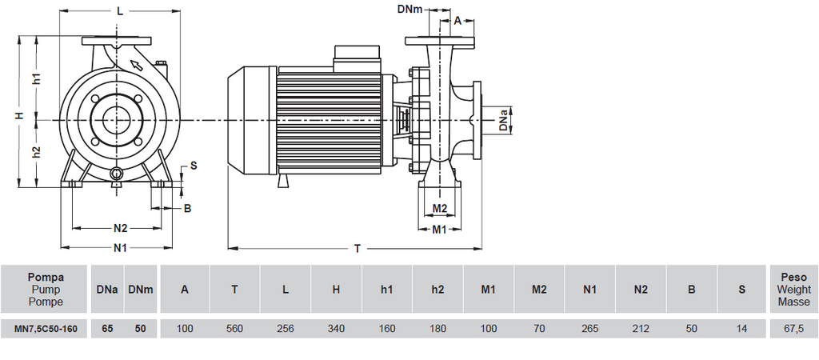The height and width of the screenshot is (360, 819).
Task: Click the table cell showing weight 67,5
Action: coord(793,328)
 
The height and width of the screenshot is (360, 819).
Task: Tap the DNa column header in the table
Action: coord(107,289)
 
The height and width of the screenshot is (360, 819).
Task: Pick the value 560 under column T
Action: coord(234,328)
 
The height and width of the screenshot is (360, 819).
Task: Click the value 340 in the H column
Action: coord(336,328)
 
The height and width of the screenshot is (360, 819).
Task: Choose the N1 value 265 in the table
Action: coord(589,328)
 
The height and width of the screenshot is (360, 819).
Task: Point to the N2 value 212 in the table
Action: coord(640,328)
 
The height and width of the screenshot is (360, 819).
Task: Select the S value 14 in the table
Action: coord(741,328)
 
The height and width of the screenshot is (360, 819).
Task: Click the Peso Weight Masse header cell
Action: coord(793,289)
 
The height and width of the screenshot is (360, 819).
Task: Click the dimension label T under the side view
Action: coord(357,249)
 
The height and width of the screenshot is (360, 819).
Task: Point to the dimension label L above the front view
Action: coord(119,11)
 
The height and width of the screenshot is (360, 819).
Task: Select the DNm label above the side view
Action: coord(410,9)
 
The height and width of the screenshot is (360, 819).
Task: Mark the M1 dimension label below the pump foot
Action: coord(439,230)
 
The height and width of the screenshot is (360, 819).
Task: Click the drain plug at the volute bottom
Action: coord(118,174)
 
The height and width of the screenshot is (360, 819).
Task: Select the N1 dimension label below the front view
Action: coord(119,248)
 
